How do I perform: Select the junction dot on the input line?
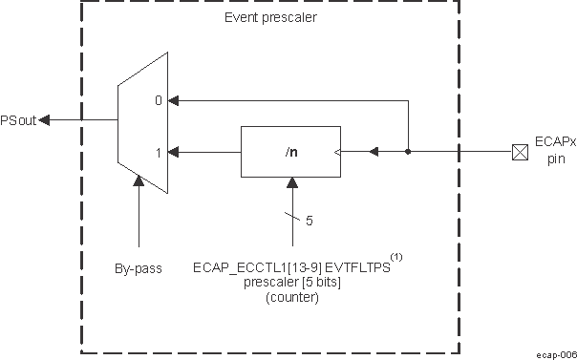pos(408,151)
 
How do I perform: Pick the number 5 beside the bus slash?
pos(309,221)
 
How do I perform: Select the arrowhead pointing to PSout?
pos(48,119)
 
